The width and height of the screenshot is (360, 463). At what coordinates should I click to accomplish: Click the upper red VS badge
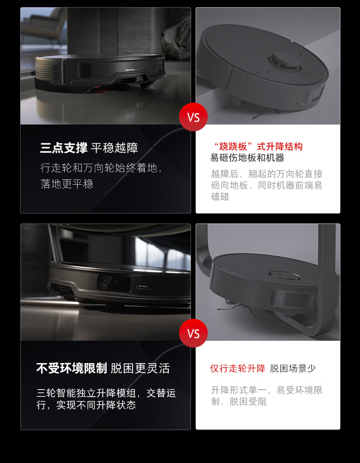193,117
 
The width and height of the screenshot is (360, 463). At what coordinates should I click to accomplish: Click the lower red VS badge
193,333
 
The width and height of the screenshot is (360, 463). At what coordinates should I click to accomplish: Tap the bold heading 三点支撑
64,148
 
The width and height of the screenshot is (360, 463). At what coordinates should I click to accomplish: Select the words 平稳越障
114,148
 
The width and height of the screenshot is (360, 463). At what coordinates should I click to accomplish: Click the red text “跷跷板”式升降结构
258,146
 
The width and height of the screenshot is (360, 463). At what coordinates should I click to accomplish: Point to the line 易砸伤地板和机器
247,158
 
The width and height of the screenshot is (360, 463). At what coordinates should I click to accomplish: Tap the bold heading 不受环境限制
72,368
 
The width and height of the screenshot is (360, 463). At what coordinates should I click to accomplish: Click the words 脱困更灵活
140,368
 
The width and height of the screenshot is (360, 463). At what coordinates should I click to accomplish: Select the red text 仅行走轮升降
238,368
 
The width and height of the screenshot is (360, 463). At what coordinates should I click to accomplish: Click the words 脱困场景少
293,368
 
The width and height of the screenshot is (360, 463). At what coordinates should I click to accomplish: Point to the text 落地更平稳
67,184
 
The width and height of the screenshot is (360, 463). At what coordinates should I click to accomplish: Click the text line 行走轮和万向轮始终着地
99,168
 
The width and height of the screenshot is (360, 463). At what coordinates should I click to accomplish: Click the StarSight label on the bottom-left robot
144,286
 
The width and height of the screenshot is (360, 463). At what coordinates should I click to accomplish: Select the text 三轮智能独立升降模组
87,393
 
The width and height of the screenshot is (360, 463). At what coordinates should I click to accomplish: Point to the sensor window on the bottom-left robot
114,283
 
